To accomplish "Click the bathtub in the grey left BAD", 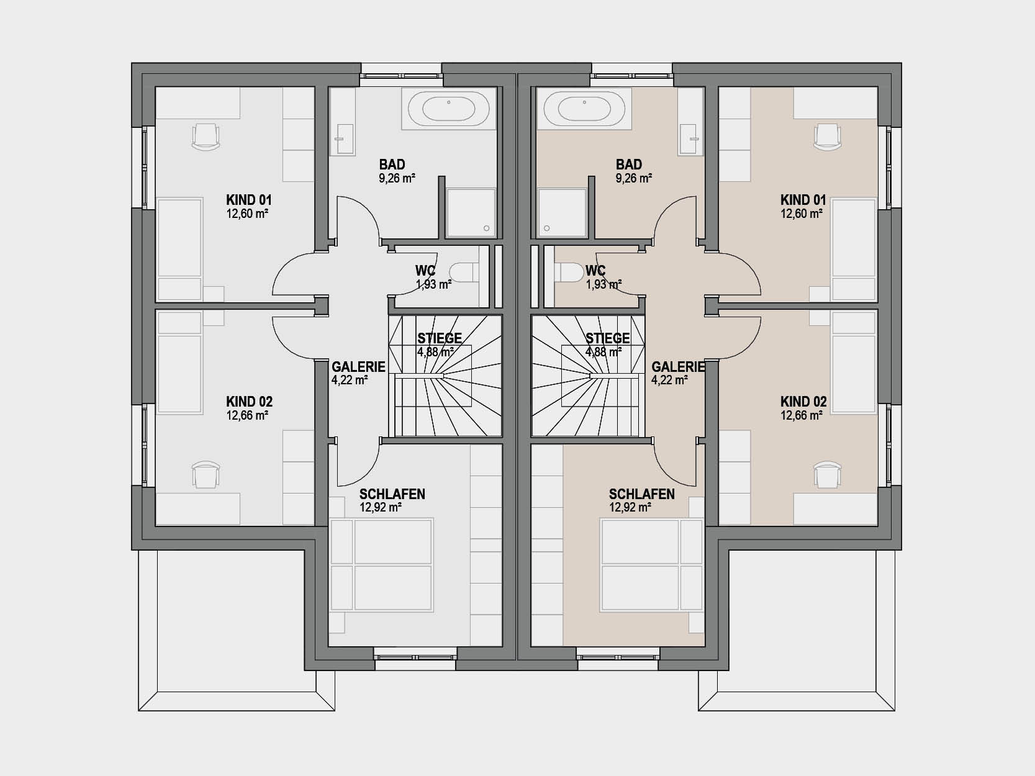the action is point(448,109).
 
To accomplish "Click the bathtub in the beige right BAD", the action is point(584,109).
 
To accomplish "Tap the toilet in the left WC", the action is point(464,272).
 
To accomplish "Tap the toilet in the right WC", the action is point(569,272).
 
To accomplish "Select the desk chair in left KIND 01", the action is point(206,137).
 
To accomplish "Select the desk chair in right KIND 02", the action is point(828,475).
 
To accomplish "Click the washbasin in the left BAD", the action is point(346,139).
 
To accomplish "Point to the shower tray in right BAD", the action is point(562,212).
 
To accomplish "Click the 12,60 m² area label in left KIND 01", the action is point(248,214).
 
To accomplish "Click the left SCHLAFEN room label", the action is point(392,494).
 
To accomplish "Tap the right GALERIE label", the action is point(678,367).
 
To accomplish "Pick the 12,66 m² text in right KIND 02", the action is point(802,416).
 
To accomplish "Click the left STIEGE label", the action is point(440,338).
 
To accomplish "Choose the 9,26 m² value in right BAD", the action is point(634,178).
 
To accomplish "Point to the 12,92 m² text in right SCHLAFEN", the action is point(630,508).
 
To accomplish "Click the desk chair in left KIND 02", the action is point(206,475).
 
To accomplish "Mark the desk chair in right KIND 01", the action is point(828,137).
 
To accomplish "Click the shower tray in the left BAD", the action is point(471,212).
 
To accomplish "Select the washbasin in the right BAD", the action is point(687,139).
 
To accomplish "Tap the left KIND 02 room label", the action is point(250,402).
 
